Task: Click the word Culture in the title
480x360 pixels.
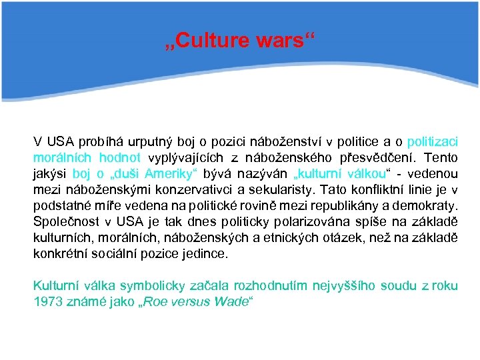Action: [213, 42]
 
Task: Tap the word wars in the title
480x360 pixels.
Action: [278, 42]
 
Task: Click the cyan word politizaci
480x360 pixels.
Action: [433, 142]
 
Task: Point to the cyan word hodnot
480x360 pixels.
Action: [120, 158]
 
